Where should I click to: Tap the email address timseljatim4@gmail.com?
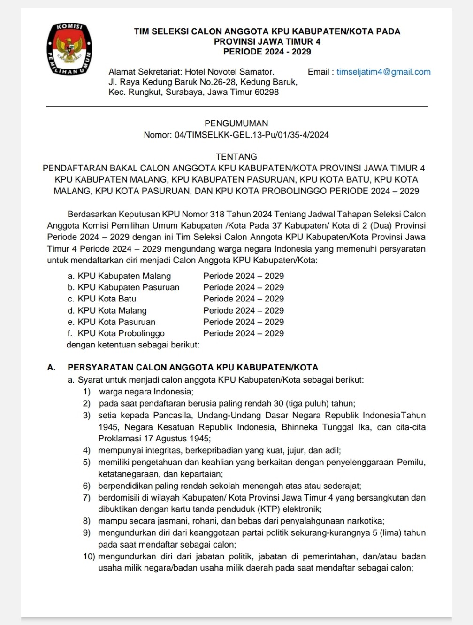point(383,72)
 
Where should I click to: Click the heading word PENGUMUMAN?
point(236,123)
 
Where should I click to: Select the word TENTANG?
point(236,157)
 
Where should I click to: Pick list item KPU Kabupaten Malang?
point(124,276)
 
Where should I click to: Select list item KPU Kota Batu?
point(107,299)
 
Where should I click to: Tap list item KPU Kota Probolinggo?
point(121,333)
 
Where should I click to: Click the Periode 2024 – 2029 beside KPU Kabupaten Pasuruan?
point(244,287)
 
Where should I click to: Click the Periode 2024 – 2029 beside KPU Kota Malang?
point(244,310)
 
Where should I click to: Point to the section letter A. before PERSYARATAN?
point(51,368)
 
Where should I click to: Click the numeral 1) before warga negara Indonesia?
point(87,392)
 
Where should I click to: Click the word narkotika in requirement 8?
point(365,521)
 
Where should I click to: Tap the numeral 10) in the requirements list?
point(89,556)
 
